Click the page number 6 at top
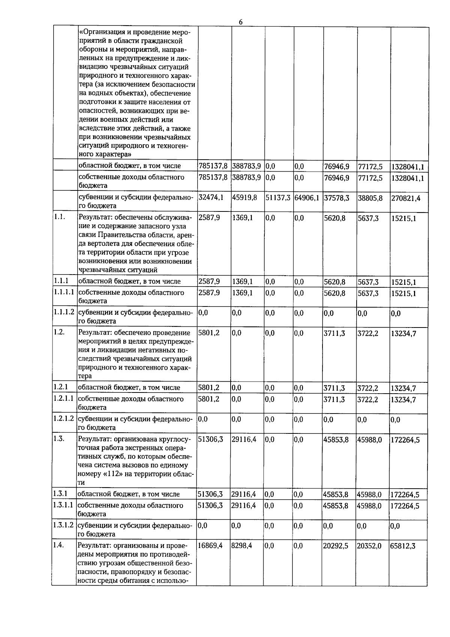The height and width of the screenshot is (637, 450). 241,22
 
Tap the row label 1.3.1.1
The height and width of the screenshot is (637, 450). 64,505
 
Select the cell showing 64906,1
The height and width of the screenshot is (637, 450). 307,197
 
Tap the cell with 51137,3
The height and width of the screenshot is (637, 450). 278,197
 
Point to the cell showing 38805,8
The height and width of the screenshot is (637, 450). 370,197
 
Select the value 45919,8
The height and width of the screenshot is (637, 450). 244,197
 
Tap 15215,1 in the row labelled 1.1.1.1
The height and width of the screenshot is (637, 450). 403,293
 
